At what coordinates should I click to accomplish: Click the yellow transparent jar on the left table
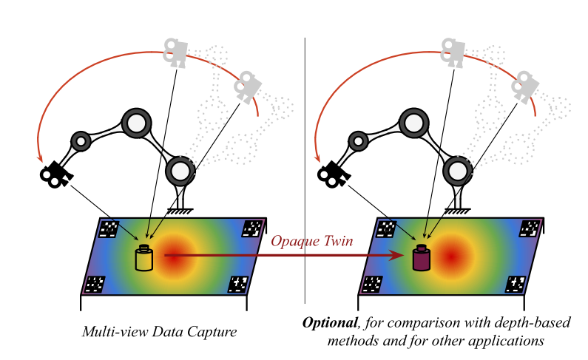[143, 259]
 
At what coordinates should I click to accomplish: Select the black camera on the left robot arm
[55, 174]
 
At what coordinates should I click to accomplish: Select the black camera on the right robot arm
[333, 174]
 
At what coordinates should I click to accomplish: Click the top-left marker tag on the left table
[109, 228]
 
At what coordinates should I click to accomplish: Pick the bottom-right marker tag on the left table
[238, 283]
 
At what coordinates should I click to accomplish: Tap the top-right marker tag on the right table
[531, 228]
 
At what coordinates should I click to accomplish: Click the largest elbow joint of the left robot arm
[137, 123]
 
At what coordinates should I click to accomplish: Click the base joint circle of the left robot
[180, 171]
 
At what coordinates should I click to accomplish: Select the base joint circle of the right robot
[457, 171]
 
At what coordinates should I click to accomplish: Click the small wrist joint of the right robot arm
[358, 140]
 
